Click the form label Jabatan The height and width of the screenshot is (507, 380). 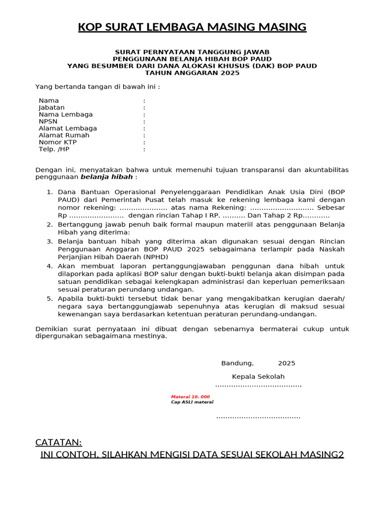51,107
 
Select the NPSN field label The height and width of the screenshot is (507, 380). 48,121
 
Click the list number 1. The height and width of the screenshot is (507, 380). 49,192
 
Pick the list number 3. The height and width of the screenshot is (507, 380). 49,241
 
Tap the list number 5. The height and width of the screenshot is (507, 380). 49,299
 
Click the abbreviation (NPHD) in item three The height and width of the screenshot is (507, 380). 156,257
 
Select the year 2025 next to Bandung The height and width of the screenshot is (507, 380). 286,363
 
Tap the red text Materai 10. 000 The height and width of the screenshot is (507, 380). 190,397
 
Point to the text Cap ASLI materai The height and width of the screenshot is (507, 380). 192,402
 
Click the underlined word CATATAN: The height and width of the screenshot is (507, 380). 59,442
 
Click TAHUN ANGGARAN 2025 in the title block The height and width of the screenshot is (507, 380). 192,73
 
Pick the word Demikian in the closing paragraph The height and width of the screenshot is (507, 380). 51,329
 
